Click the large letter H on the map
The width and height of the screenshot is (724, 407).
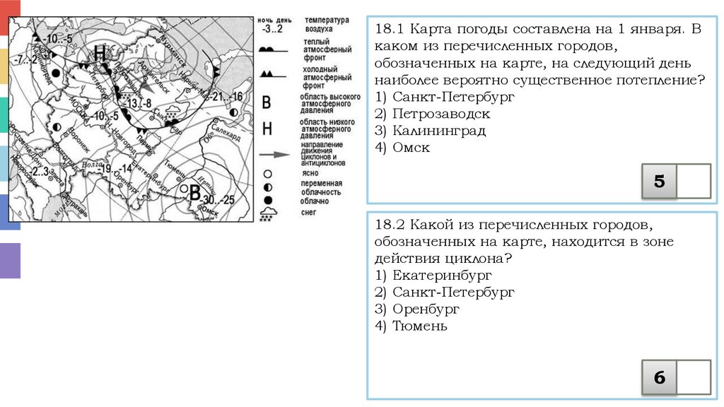(x=100, y=54)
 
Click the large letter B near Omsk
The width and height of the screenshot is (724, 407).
(x=194, y=191)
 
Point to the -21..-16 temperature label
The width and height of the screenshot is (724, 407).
(x=226, y=97)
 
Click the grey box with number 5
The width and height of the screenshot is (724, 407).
(x=659, y=181)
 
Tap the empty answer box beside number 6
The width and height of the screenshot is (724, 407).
(x=693, y=377)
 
